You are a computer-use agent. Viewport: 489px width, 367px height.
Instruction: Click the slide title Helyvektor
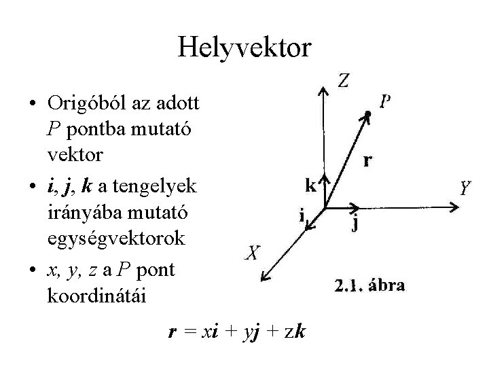[x=244, y=47]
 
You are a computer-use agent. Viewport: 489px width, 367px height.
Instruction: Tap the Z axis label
[x=344, y=82]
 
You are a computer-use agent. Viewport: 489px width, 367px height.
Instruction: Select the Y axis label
[x=465, y=188]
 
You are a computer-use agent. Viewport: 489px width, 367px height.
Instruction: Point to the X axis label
[x=251, y=254]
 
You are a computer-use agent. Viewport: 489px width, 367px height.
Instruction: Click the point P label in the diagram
[x=384, y=102]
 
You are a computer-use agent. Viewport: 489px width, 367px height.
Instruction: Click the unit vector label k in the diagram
[x=311, y=184]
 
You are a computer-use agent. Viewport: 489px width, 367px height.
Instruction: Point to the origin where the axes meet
[x=325, y=207]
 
